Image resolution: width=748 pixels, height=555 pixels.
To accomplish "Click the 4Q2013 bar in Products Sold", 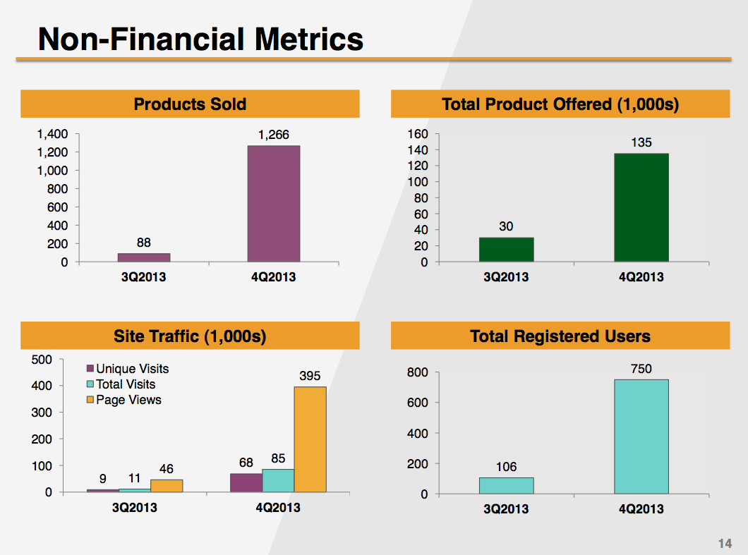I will [x=273, y=204].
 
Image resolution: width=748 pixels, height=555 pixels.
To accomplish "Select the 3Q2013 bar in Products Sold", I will [x=144, y=257].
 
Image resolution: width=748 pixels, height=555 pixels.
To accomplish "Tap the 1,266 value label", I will [x=273, y=135].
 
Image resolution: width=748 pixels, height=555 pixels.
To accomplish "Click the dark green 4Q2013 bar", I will [x=641, y=207].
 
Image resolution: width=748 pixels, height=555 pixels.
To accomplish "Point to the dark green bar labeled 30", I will [x=506, y=250].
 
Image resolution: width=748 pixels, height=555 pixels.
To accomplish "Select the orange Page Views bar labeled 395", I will [x=310, y=439].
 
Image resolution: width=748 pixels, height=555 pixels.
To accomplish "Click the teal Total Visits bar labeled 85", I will [x=278, y=480].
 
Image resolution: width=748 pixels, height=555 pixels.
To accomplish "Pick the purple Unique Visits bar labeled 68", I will [x=246, y=482].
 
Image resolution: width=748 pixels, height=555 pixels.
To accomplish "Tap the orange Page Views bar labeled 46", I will [x=167, y=486].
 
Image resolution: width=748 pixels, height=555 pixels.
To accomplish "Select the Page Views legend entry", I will [x=123, y=400].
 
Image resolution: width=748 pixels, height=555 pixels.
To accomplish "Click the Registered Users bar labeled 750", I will [x=641, y=437].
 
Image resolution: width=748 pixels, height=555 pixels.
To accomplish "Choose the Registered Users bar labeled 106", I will [x=506, y=486].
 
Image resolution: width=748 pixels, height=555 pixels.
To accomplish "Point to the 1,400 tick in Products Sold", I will [x=54, y=134].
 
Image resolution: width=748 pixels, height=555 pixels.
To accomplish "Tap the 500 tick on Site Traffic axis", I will [x=42, y=360].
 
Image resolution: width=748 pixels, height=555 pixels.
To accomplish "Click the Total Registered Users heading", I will [x=560, y=336].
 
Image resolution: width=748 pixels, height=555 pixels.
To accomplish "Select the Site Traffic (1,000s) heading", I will [x=190, y=336].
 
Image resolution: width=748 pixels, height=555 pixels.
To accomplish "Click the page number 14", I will [x=725, y=544].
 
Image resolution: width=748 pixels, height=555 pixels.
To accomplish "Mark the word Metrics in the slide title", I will [x=308, y=39].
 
